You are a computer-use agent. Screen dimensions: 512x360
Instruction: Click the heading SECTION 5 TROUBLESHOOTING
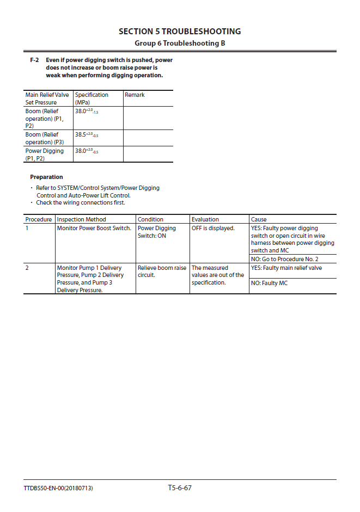[180, 32]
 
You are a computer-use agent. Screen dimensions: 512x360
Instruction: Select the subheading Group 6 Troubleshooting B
[180, 43]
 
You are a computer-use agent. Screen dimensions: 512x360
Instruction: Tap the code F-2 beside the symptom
[34, 60]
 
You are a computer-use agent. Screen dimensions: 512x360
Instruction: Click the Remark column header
[135, 95]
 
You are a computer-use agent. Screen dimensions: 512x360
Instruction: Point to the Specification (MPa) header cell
[91, 98]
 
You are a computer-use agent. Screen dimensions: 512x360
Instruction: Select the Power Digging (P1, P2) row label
[44, 155]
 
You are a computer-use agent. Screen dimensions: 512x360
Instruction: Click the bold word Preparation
[46, 177]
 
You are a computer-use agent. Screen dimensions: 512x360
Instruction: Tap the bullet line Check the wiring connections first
[81, 202]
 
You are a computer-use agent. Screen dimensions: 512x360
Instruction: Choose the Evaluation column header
[205, 219]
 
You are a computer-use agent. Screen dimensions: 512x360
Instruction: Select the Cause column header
[259, 219]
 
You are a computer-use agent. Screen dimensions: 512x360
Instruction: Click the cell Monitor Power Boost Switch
[94, 228]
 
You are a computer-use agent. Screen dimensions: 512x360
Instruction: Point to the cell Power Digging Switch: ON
[156, 232]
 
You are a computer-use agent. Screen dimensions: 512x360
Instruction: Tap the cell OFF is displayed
[213, 228]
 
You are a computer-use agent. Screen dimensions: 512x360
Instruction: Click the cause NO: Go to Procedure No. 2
[284, 259]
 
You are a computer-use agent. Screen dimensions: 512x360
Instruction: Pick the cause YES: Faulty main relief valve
[286, 268]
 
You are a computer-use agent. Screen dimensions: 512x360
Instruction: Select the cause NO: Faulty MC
[269, 283]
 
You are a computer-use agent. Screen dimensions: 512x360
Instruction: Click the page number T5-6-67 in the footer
[180, 488]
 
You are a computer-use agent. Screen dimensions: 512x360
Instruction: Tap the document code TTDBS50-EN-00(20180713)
[58, 488]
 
